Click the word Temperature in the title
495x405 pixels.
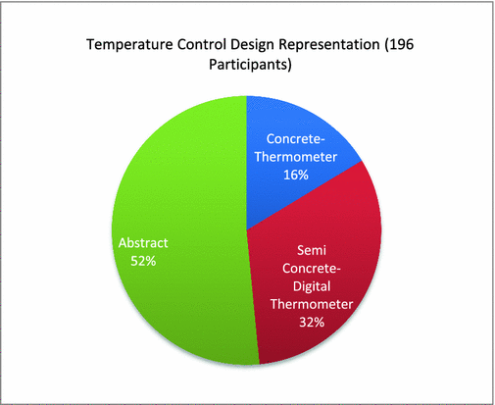129,44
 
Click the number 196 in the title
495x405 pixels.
399,44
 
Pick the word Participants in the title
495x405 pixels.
250,65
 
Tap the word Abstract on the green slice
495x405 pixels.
143,243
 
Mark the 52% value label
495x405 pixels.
143,261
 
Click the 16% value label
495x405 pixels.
296,175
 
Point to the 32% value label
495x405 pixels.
312,323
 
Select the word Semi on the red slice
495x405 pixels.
312,250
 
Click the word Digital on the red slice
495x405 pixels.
312,286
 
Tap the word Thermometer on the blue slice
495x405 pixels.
296,157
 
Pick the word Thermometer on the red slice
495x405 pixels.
312,304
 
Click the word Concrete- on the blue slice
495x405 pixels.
296,139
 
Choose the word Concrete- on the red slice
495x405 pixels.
312,269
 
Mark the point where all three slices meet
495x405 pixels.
247,230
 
